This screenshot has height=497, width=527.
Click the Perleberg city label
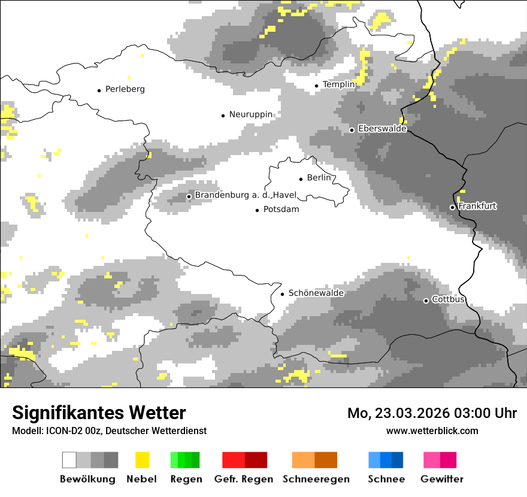point(125,89)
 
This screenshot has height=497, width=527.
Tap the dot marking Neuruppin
point(223,115)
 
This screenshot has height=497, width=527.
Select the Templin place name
point(339,84)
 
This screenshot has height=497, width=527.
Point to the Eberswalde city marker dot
point(352,129)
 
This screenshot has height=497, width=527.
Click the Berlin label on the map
point(319,178)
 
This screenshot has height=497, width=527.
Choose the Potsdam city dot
point(258,210)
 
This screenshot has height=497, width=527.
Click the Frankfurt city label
point(477,206)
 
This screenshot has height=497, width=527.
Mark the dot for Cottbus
point(426,301)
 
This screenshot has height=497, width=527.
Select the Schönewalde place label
point(316,293)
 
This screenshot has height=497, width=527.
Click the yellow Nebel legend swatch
point(142,460)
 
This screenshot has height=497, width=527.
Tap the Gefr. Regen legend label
point(244,479)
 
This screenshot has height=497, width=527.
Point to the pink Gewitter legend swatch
point(440,460)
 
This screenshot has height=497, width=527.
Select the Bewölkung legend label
point(87,479)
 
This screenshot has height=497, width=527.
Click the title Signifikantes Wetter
point(99,413)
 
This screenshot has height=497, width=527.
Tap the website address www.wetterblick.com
point(432,431)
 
